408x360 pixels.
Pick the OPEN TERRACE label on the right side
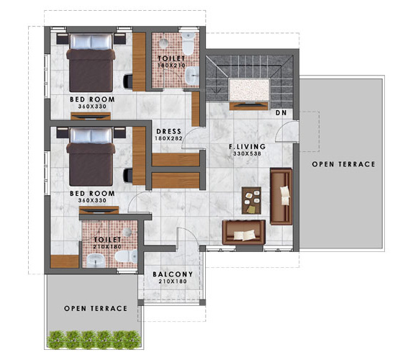pos(343,164)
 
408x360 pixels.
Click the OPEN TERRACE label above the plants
pos(96,308)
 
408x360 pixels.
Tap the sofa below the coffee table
pos(244,232)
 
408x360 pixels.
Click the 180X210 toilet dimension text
pos(171,66)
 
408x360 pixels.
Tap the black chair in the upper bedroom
pos(129,75)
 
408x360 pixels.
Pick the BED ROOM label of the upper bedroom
pos(91,99)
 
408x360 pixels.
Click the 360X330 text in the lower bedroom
pos(91,202)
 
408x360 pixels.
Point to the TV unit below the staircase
pos(249,106)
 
